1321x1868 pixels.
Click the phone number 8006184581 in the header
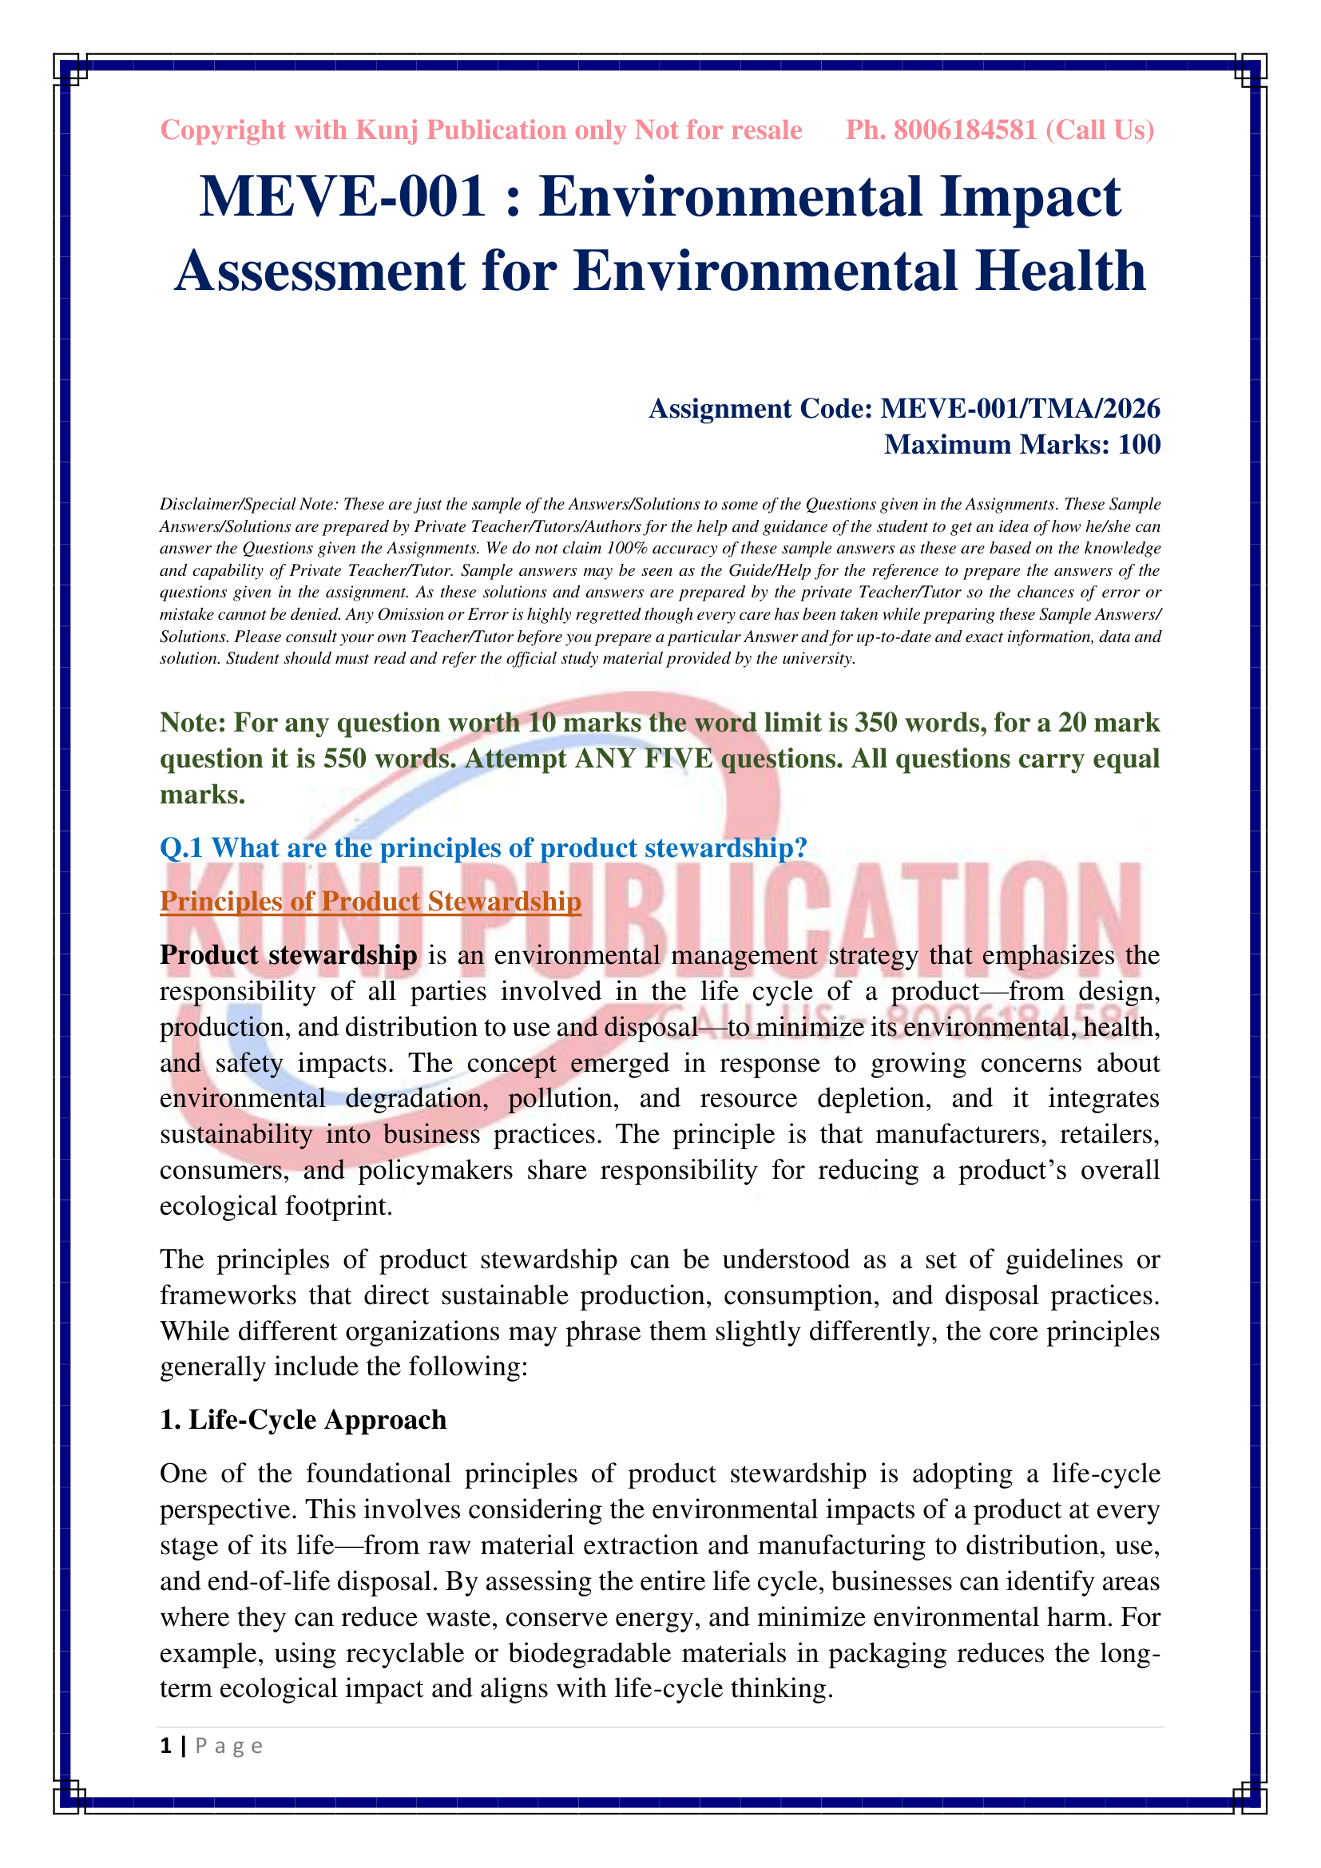(x=965, y=130)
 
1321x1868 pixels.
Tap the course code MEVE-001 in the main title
(x=343, y=197)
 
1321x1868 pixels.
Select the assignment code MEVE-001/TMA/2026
(x=1020, y=408)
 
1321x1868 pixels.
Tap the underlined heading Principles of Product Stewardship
(x=370, y=902)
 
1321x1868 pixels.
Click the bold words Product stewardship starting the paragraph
(x=288, y=955)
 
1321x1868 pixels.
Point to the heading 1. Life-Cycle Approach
(x=303, y=1419)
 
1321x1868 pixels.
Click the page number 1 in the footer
(x=166, y=1746)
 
